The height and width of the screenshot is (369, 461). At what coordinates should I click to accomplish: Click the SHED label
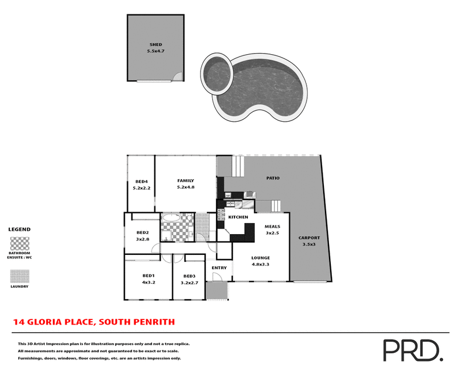coord(156,44)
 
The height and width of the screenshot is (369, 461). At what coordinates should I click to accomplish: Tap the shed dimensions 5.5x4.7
coord(156,51)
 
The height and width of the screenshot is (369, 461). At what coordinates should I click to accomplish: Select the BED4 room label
coord(141,181)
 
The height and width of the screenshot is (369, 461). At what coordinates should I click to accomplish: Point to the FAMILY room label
coord(186,180)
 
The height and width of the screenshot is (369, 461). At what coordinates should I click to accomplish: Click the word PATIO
coord(273,178)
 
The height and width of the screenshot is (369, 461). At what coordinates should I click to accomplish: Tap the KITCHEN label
coord(238,217)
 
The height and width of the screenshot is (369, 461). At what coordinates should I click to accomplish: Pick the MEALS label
coord(272,227)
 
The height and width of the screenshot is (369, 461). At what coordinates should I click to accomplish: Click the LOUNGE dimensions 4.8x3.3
coord(260,264)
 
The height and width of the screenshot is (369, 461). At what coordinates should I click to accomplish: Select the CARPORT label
coord(309,238)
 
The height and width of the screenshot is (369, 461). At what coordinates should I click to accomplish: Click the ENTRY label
coord(219,268)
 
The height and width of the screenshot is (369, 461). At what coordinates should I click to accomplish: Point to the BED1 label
coord(149,276)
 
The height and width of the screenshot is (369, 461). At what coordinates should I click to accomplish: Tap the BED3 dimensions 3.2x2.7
coord(190,283)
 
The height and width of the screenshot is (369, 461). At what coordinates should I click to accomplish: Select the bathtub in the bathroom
coord(171,219)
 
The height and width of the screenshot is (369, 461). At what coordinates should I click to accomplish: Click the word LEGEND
coord(19,229)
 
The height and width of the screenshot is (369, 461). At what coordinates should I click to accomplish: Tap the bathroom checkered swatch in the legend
coord(20,242)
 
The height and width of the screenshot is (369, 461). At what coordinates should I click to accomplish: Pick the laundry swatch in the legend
coord(20,277)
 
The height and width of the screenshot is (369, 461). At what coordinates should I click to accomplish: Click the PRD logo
coord(412,350)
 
